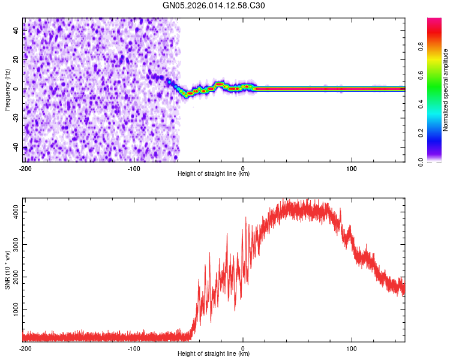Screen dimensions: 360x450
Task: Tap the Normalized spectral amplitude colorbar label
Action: pos(445,91)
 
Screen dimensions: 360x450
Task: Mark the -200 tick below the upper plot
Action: pos(25,168)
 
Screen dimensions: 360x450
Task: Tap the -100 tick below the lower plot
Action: pos(134,348)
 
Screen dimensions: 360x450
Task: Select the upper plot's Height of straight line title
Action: pos(214,174)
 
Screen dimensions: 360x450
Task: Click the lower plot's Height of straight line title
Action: pos(214,354)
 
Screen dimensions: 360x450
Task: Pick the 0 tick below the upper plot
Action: pos(243,168)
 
